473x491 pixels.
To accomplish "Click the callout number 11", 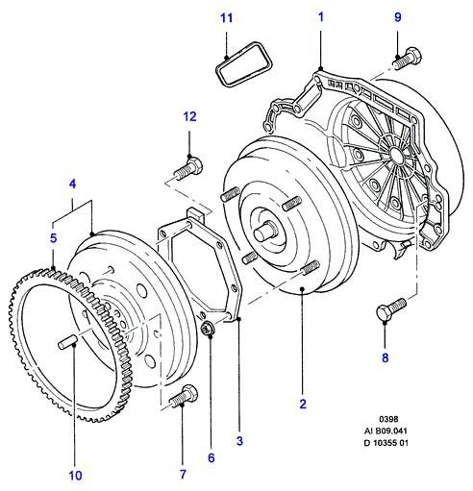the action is coord(226,18).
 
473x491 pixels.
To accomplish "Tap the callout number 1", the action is coord(321,17).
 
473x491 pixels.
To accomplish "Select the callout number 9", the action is coord(397,17).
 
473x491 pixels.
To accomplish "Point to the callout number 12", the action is coord(189,116).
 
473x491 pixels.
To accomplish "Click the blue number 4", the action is coord(73,184).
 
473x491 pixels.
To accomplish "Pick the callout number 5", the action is coord(54,238).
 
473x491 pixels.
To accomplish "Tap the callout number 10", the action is coord(75,476).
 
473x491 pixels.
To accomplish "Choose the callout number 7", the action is coord(183,475).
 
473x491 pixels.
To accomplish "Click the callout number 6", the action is coord(211,458).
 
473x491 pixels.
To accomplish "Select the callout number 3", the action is coord(239,441).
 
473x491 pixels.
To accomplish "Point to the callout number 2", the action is coord(303,405).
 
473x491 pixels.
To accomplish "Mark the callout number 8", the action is coord(386,357).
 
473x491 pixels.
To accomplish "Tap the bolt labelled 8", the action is coord(391,308).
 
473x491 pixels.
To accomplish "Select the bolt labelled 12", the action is coord(188,168).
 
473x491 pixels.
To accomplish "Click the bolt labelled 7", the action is coord(184,396).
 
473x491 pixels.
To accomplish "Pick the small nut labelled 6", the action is coord(208,328).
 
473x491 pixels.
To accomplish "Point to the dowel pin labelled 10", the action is coord(67,342).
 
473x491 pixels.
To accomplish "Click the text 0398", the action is coord(388,419).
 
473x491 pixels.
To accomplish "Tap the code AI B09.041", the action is coord(386,430).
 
